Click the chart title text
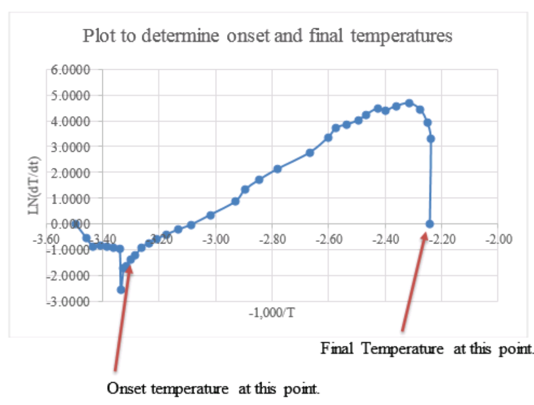[x=268, y=36]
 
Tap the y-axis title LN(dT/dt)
[x=35, y=186]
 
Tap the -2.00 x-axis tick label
[x=500, y=239]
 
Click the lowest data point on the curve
[x=121, y=289]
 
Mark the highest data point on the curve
[x=409, y=103]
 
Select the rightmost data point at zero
[x=430, y=224]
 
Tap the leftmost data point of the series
[x=76, y=224]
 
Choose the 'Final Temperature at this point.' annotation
[x=427, y=349]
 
